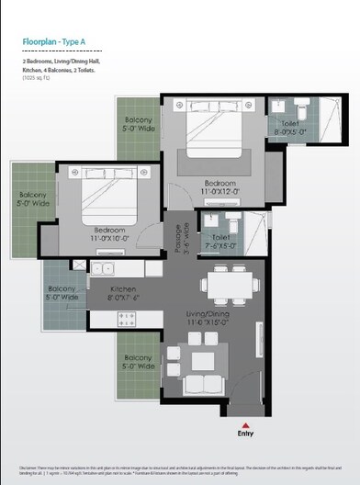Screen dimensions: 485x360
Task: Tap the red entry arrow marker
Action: click(x=246, y=424)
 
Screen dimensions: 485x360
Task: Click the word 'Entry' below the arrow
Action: click(x=246, y=435)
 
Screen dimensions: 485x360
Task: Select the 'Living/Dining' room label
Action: click(x=212, y=319)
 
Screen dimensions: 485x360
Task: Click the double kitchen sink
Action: click(x=103, y=270)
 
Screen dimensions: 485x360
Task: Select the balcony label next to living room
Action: click(x=139, y=362)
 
